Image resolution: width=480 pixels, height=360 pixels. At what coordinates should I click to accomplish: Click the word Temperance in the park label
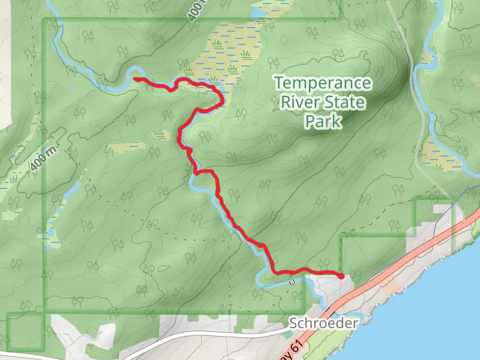coord(322,83)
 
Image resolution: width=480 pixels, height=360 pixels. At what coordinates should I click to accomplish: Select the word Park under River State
coord(323,122)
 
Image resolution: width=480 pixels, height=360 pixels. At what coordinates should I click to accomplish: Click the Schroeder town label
coord(323,323)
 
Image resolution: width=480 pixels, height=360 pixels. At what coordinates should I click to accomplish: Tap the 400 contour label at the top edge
coord(197,11)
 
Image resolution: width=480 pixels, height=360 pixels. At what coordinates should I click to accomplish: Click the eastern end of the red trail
coord(341,276)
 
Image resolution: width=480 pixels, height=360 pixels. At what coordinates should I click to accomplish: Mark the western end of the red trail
coord(135,79)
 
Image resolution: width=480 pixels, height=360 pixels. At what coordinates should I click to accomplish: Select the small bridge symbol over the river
coord(292,281)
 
